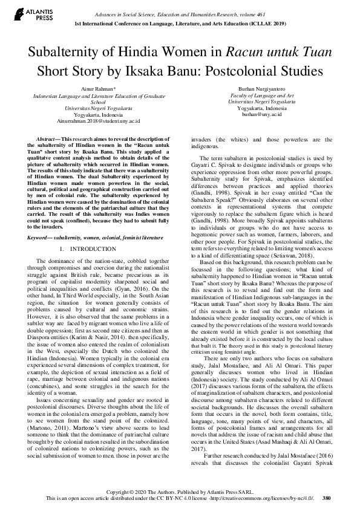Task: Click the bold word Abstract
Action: coord(48,139)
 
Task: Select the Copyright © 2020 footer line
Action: coord(180,492)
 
